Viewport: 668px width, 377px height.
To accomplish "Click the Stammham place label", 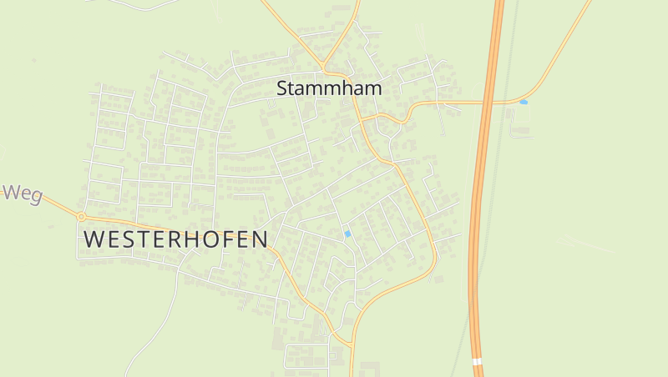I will coord(329,88).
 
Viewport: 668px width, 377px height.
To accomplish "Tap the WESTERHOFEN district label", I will coord(176,239).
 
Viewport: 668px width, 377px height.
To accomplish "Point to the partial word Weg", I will coord(23,194).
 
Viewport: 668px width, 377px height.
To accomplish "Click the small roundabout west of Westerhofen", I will coord(81,217).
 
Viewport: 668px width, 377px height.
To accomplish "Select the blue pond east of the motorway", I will coord(524,102).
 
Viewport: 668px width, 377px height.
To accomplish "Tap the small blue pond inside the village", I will coord(347,234).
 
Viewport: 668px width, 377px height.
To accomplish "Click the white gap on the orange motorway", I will coord(477,362).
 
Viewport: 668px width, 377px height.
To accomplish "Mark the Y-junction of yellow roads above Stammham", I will coord(323,68).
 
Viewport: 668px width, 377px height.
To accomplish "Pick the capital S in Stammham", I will coord(283,88).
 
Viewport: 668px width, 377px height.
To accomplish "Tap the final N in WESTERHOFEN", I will coord(261,239).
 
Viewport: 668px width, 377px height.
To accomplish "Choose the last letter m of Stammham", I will coord(372,88).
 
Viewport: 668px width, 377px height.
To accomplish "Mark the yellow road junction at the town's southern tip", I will coord(352,343).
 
